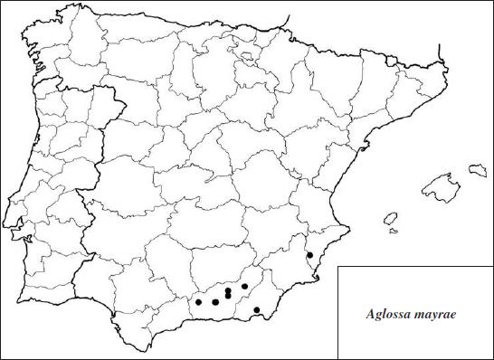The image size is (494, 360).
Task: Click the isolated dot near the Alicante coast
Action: coord(309,256)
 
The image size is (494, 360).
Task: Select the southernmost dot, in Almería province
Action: coord(257,310)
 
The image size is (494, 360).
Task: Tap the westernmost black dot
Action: coord(198,301)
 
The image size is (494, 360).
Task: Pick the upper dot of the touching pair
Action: coord(229,290)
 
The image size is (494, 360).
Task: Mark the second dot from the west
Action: coord(214,301)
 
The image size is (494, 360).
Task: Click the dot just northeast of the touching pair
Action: coord(244,287)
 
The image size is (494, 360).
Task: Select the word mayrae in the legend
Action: coord(433,316)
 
